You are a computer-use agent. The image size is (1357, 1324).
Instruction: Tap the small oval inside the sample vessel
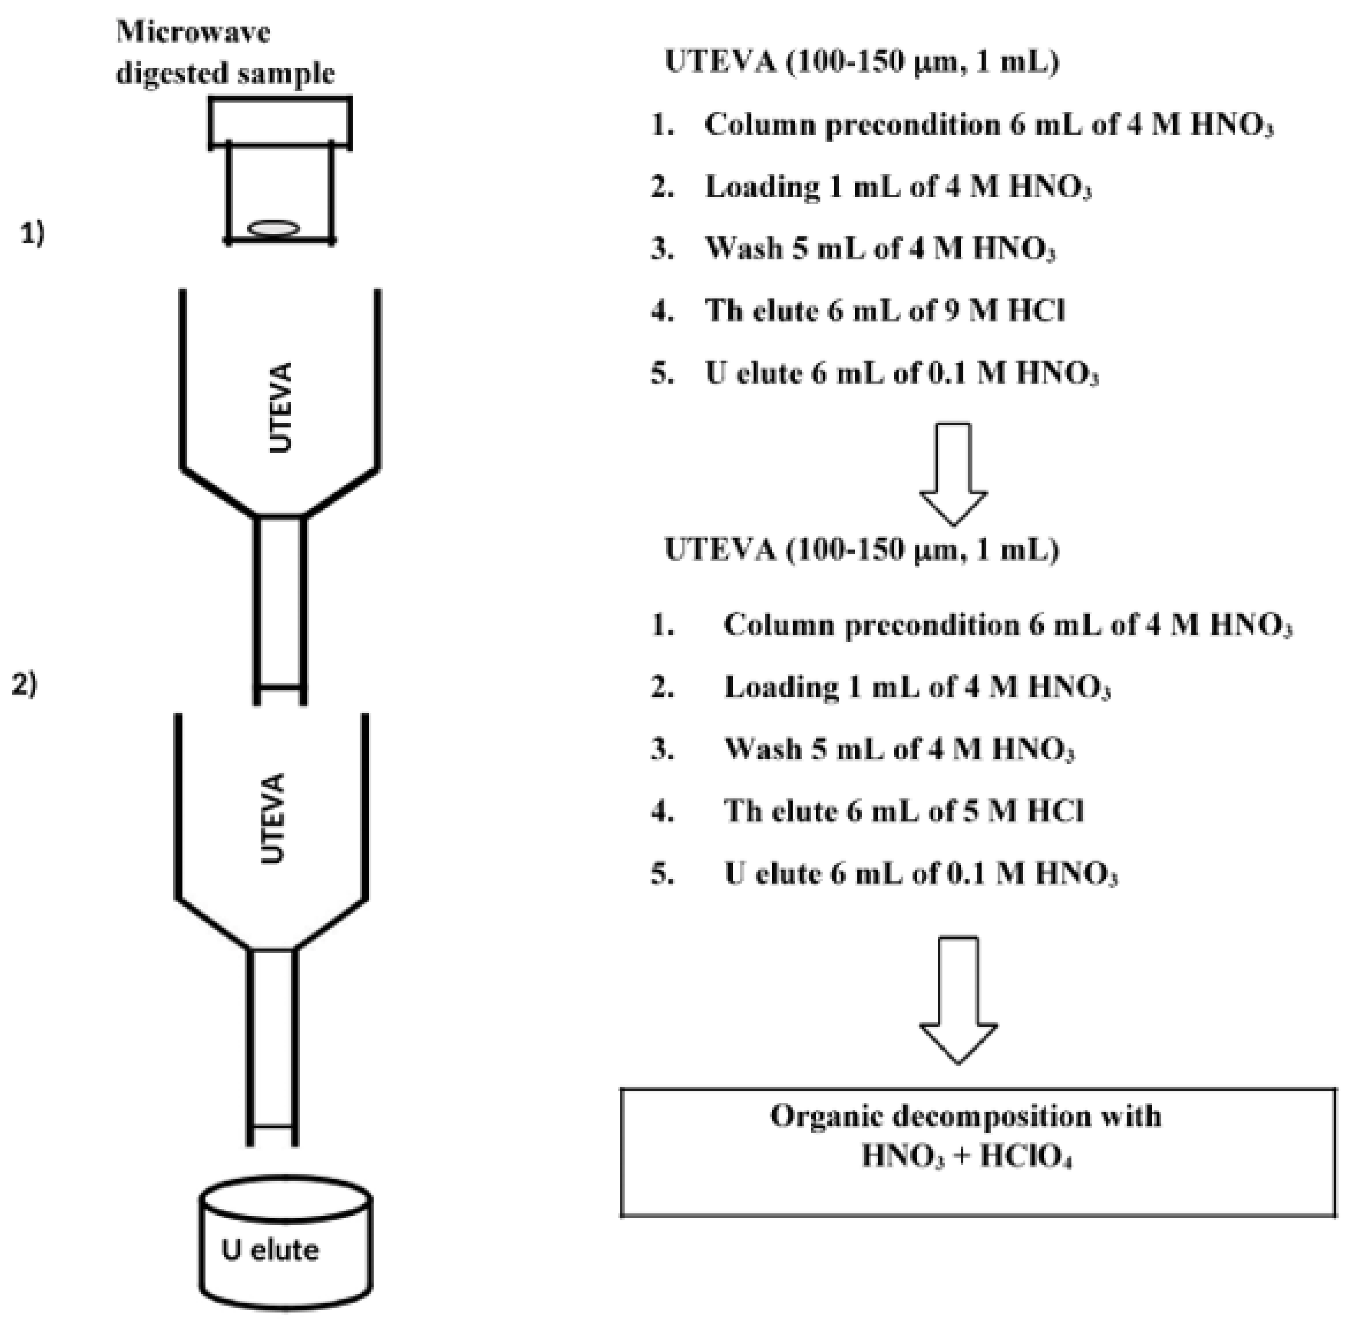pyautogui.click(x=275, y=228)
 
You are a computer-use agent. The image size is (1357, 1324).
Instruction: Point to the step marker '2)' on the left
pyautogui.click(x=25, y=685)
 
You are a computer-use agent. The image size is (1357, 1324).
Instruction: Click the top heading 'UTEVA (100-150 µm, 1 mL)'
pyautogui.click(x=862, y=63)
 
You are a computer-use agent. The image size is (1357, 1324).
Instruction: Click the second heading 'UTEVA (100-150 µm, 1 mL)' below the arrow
pyautogui.click(x=862, y=550)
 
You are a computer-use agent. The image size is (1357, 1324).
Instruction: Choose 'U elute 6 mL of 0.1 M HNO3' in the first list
pyautogui.click(x=901, y=373)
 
